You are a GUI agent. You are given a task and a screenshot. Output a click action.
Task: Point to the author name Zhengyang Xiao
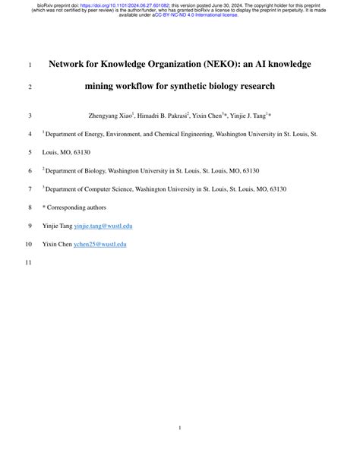109,116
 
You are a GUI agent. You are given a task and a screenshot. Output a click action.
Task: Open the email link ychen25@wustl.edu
99,244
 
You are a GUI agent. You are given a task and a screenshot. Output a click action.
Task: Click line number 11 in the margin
28,263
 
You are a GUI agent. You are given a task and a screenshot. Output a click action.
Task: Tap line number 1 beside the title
30,65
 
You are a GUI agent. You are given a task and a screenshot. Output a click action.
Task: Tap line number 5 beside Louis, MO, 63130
30,153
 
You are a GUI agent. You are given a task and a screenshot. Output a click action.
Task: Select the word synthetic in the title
206,87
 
